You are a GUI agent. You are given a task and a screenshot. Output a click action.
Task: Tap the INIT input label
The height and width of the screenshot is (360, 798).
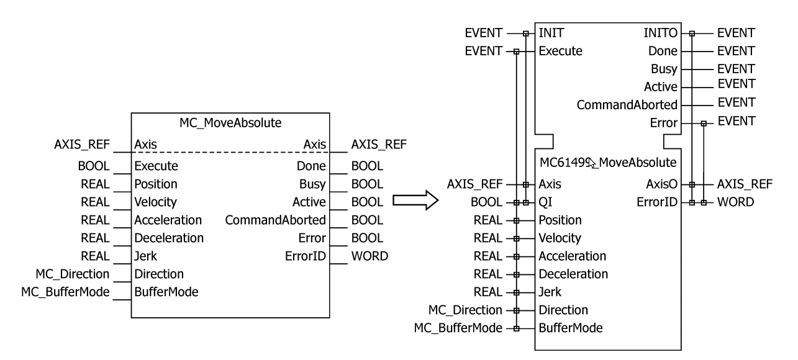pyautogui.click(x=551, y=33)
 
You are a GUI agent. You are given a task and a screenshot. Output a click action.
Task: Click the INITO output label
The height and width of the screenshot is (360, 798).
pyautogui.click(x=663, y=33)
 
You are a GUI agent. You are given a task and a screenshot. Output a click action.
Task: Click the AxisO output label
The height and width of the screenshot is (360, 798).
pyautogui.click(x=662, y=184)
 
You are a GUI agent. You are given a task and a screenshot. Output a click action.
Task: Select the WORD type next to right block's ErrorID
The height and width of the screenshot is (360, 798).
pyautogui.click(x=736, y=202)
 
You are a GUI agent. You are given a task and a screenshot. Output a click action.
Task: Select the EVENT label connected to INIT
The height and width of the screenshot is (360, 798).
pyautogui.click(x=484, y=33)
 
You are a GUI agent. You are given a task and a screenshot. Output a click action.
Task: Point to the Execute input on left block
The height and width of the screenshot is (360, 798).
pyautogui.click(x=156, y=166)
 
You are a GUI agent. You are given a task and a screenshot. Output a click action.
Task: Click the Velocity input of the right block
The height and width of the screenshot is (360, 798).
pyautogui.click(x=560, y=238)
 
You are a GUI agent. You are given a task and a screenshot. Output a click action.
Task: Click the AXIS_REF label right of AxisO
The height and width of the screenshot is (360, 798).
pyautogui.click(x=745, y=184)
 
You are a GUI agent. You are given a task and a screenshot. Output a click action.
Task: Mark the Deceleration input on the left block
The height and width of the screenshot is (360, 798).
pyautogui.click(x=168, y=238)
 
